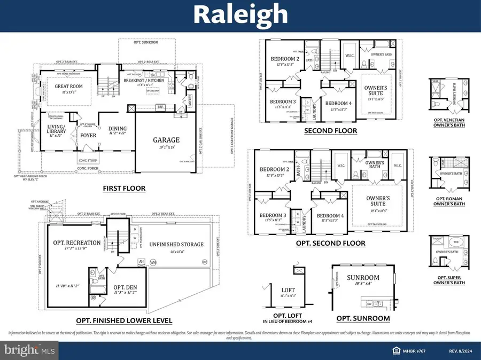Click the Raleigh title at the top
coord(240,15)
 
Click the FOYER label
coord(88,135)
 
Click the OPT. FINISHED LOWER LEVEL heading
coord(124,320)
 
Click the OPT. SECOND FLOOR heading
coord(330,243)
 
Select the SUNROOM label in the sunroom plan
coord(363,278)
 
